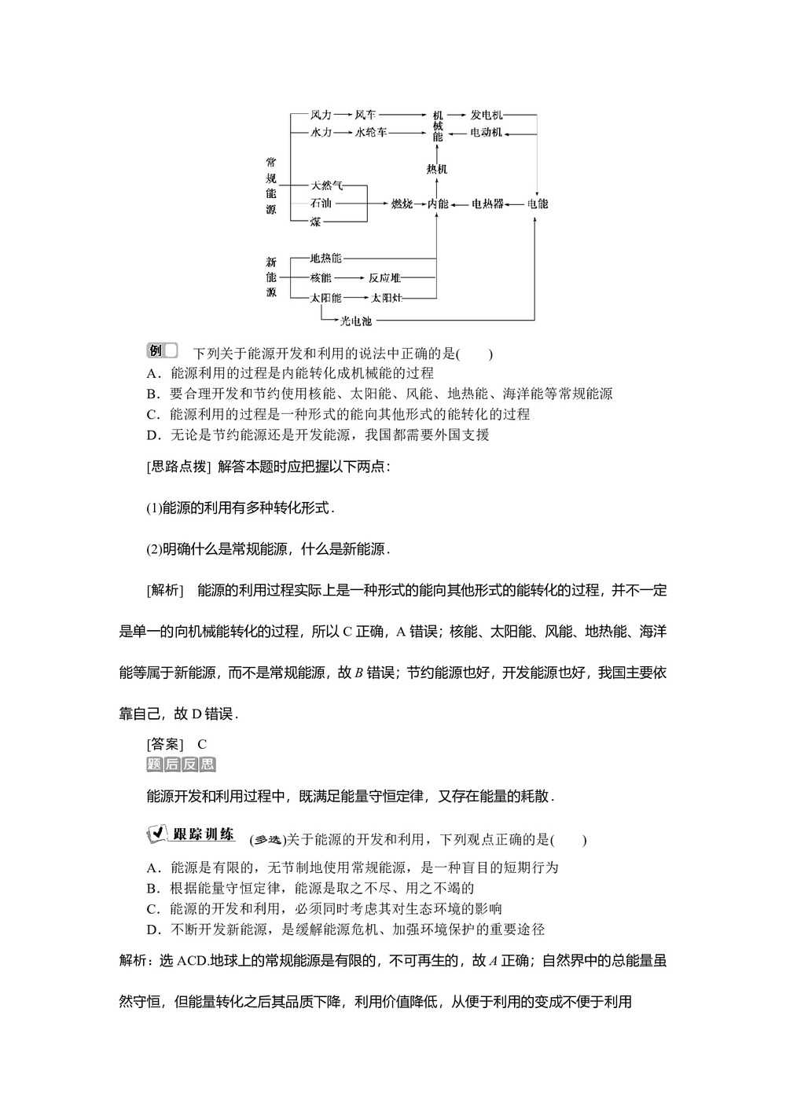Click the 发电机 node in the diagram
(487, 115)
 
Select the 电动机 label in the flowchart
(487, 133)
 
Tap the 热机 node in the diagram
(437, 169)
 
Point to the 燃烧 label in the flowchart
(402, 204)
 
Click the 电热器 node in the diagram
(487, 204)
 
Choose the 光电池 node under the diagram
(355, 321)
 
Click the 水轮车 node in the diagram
(371, 133)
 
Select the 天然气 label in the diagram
(326, 186)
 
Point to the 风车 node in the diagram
(365, 115)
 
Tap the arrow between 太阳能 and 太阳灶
(356, 298)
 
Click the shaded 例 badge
(162, 350)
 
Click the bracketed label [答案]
(165, 744)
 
